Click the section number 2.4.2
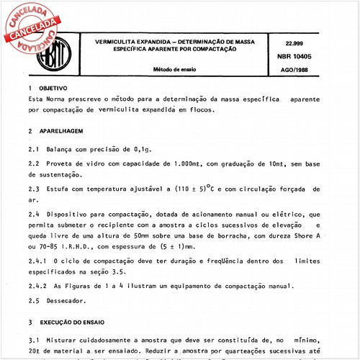coord(38,285)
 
